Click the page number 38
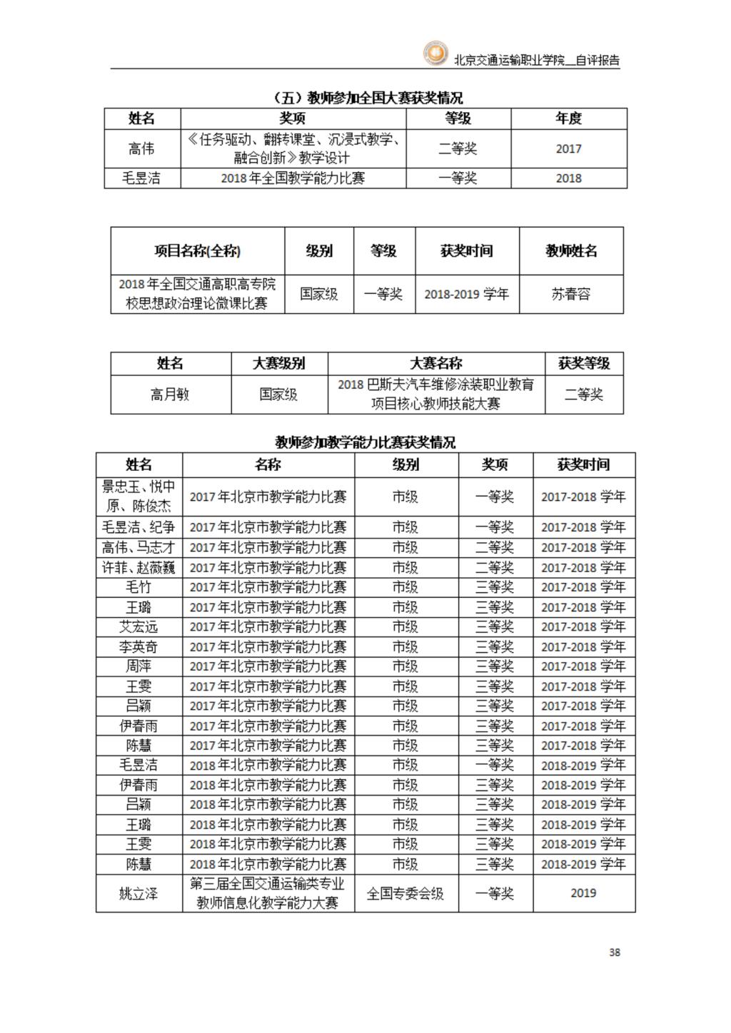pos(614,952)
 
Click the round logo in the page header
pos(435,54)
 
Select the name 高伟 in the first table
pos(141,148)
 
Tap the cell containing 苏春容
pos(571,294)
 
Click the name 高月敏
pos(170,395)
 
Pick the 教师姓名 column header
pos(571,251)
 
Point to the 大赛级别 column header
pos(279,364)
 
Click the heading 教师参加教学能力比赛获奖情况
pos(365,442)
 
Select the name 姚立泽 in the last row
pos(138,893)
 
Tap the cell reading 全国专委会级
pos(405,893)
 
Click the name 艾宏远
pos(138,627)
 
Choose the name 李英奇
pos(138,647)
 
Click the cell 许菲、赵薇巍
pos(138,568)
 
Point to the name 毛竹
pos(138,587)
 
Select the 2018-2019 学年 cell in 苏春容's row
pos(466,294)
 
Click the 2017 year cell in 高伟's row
pos(568,148)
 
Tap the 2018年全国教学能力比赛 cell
pos(293,178)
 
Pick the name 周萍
pos(138,666)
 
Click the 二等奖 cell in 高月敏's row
pos(583,395)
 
